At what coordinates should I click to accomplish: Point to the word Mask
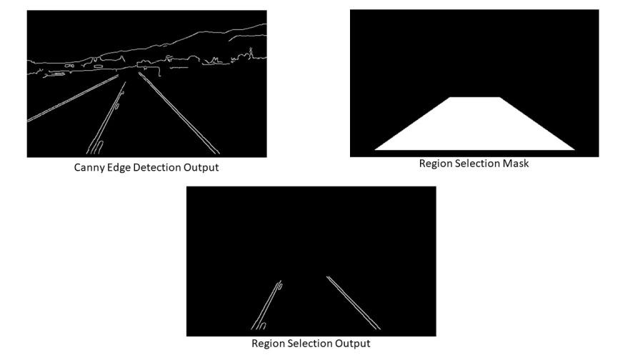click(516, 164)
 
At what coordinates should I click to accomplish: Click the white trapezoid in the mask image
click(475, 126)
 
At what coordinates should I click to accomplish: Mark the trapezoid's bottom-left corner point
click(375, 150)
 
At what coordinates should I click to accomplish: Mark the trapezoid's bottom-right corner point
click(575, 150)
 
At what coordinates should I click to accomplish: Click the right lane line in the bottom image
click(354, 303)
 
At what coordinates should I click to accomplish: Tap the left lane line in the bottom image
click(266, 305)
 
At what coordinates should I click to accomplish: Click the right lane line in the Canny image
click(179, 113)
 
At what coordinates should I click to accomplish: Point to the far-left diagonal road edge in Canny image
click(73, 98)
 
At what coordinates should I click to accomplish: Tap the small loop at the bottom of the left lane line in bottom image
click(263, 326)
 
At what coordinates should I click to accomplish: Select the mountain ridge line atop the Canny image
click(164, 45)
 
